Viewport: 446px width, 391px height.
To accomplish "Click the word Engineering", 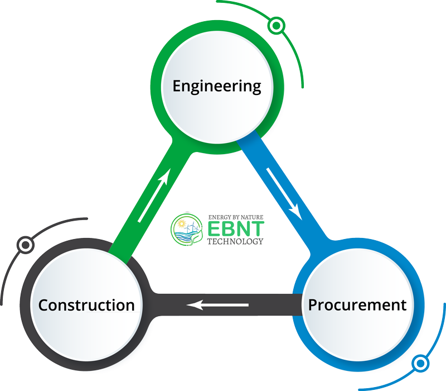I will tap(216, 87).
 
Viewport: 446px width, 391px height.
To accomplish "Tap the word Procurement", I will tap(357, 305).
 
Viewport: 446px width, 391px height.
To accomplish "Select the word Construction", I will tap(86, 305).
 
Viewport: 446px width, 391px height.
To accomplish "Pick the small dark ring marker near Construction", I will tap(24, 244).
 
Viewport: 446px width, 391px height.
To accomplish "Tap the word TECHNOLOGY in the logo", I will tap(235, 242).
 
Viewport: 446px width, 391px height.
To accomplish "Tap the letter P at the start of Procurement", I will tap(313, 305).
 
